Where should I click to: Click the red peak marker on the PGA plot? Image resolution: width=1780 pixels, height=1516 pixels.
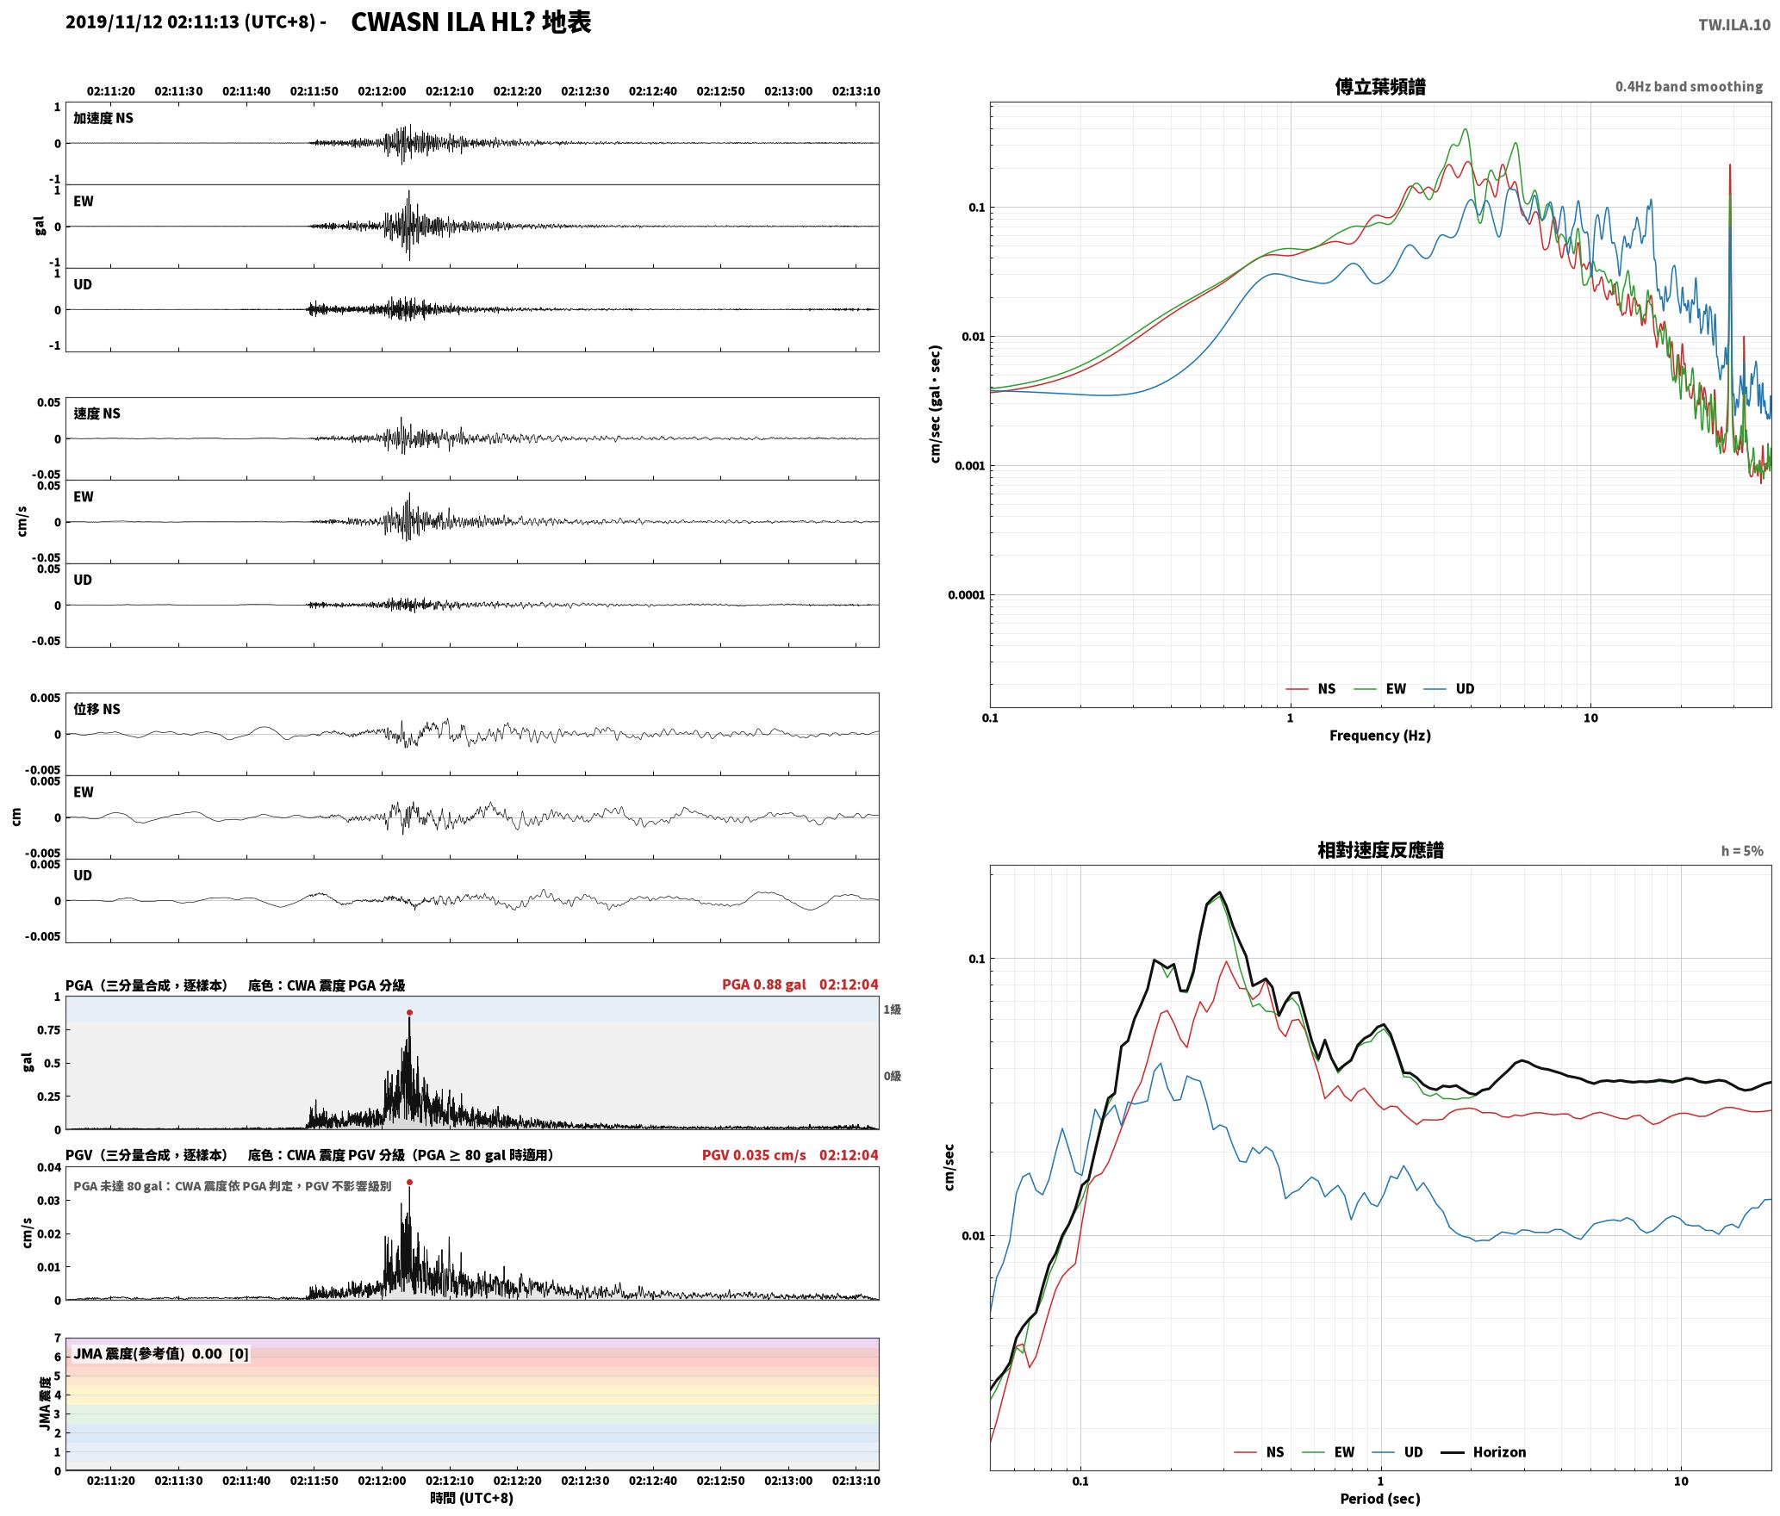pyautogui.click(x=409, y=1012)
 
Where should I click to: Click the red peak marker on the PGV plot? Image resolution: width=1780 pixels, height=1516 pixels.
pyautogui.click(x=409, y=1182)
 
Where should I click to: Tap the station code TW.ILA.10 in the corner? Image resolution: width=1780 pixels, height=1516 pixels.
pyautogui.click(x=1734, y=25)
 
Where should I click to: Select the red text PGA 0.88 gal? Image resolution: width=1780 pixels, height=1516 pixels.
pyautogui.click(x=764, y=985)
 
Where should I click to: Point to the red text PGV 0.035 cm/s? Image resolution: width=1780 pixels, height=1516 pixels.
pyautogui.click(x=754, y=1155)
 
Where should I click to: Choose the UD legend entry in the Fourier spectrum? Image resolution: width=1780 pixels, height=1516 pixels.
pyautogui.click(x=1449, y=688)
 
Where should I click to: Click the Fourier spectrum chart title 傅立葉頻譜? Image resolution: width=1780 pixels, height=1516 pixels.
pyautogui.click(x=1379, y=86)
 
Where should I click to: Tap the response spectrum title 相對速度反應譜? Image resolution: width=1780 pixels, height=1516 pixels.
pyautogui.click(x=1380, y=849)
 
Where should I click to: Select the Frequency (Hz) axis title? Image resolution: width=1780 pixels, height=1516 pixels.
pyautogui.click(x=1379, y=735)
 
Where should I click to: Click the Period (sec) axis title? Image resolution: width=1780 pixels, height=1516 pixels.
pyautogui.click(x=1379, y=1498)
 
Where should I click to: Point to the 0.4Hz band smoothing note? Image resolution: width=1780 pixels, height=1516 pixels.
pyautogui.click(x=1689, y=86)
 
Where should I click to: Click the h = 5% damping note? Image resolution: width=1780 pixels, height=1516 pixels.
pyautogui.click(x=1742, y=850)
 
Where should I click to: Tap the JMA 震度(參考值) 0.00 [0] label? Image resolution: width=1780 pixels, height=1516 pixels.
pyautogui.click(x=161, y=1353)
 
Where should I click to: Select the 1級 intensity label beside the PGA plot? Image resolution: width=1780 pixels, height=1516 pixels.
pyautogui.click(x=892, y=1009)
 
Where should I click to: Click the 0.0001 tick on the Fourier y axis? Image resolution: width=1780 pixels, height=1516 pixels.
pyautogui.click(x=967, y=594)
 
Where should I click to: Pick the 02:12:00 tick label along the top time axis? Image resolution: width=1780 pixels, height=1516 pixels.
pyautogui.click(x=382, y=90)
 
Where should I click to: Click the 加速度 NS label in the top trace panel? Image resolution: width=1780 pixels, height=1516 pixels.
pyautogui.click(x=103, y=118)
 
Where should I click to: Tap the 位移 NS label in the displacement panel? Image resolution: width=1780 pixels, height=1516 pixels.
pyautogui.click(x=96, y=709)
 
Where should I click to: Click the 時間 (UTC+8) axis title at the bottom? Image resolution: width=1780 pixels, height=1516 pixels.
pyautogui.click(x=472, y=1498)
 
